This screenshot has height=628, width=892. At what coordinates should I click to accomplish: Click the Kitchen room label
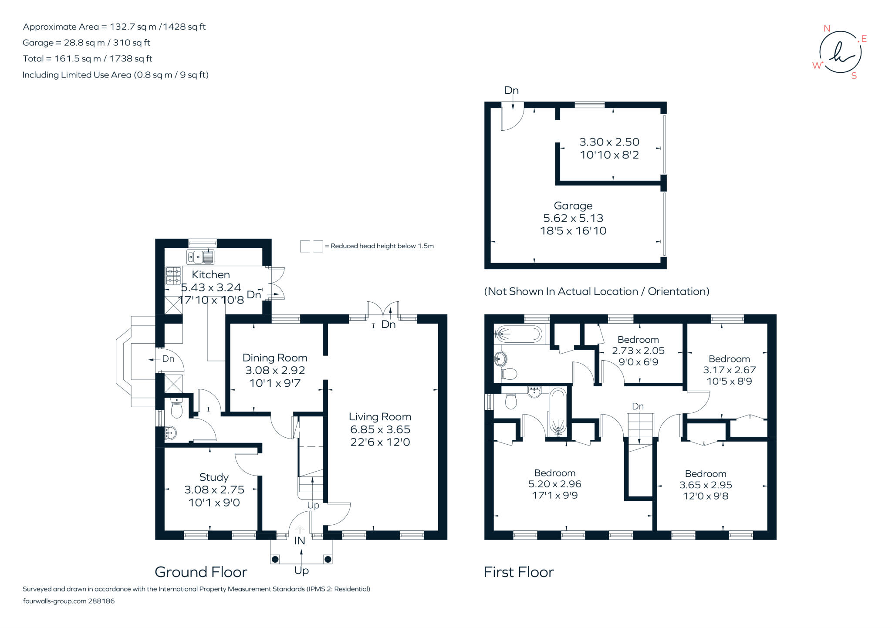point(211,275)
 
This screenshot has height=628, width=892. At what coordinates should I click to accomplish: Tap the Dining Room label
point(275,358)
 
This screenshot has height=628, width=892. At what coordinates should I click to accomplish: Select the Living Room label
point(380,417)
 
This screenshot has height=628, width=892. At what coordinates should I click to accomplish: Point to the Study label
point(214,477)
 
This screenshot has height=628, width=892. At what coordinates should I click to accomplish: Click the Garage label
point(573,206)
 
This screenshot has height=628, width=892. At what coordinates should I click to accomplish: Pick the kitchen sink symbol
point(200,257)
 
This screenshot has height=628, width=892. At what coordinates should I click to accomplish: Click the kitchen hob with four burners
point(173,276)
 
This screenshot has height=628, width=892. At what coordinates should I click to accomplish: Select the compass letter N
point(827,29)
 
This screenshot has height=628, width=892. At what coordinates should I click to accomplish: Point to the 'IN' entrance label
point(300,541)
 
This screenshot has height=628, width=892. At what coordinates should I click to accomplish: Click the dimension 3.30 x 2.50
point(609,142)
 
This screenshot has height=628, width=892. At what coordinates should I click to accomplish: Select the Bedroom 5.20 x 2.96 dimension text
point(555,484)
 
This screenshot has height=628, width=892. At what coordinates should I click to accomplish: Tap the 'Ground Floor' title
point(201,572)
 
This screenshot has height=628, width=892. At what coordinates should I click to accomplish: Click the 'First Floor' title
point(519,572)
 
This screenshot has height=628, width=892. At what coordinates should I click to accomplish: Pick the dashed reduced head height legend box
point(311,246)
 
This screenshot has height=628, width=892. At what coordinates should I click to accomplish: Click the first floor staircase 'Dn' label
point(638,406)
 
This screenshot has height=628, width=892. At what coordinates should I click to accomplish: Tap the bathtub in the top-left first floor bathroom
point(518,334)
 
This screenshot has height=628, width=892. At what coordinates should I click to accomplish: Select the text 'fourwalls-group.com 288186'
point(69,601)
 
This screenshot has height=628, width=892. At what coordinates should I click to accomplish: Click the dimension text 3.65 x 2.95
point(706,485)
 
